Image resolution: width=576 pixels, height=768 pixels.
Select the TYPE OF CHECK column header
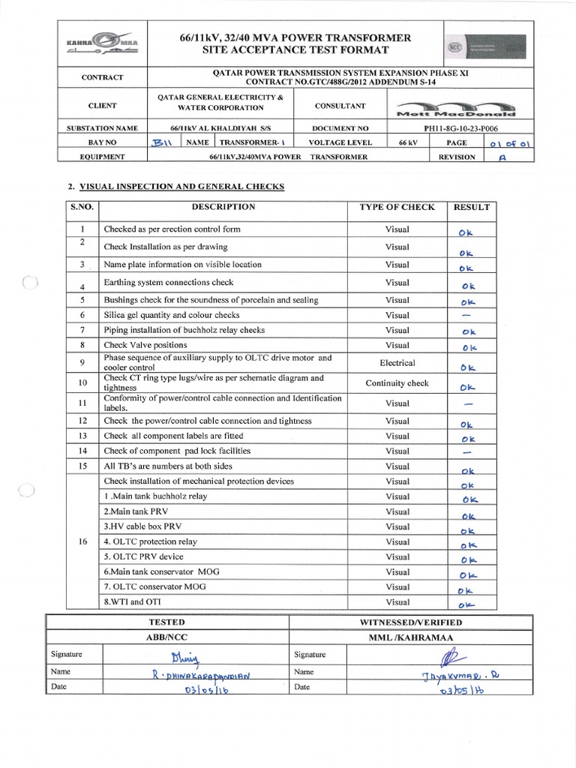397,207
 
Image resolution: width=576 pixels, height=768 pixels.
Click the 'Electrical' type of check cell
397,363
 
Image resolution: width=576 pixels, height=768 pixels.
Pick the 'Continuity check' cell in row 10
397,383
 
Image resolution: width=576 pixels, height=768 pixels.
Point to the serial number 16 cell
82,541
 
